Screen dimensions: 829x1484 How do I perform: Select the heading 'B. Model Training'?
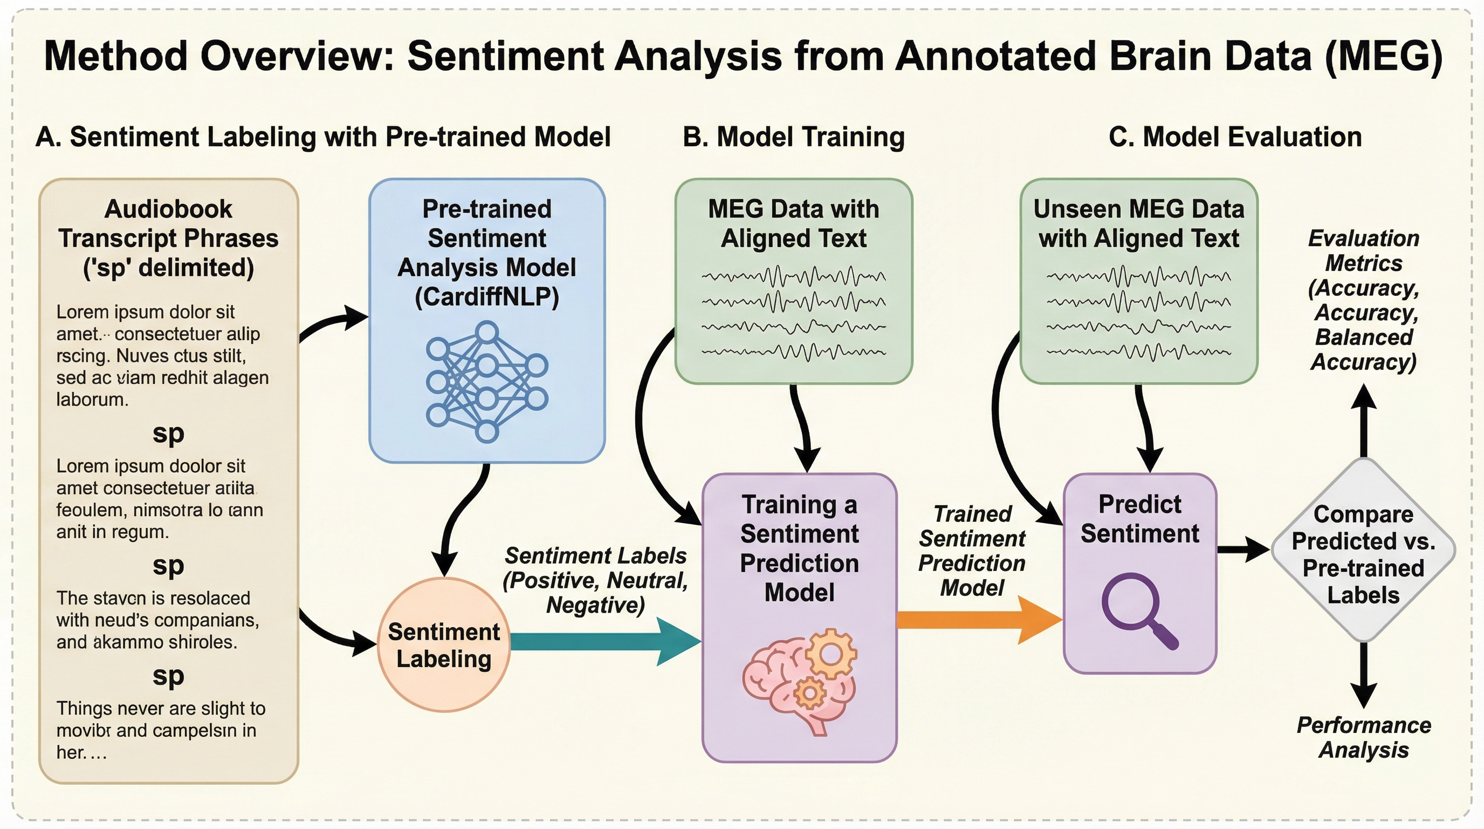click(x=793, y=137)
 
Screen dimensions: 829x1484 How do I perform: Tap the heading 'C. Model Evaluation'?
click(x=1235, y=137)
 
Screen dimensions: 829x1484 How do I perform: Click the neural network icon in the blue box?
click(x=487, y=382)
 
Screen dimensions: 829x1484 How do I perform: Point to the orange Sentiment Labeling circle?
click(x=444, y=644)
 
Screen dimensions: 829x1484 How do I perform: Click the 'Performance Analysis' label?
click(x=1364, y=737)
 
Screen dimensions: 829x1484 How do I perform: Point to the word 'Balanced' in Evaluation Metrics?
click(x=1364, y=337)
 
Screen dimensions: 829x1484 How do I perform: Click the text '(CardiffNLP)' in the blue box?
click(x=487, y=297)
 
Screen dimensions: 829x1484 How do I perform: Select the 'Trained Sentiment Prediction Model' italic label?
click(x=972, y=551)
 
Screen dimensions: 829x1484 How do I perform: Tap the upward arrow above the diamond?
click(x=1364, y=421)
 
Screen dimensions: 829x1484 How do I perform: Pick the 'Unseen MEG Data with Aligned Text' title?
click(x=1138, y=223)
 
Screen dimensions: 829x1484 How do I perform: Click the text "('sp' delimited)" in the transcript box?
click(x=168, y=268)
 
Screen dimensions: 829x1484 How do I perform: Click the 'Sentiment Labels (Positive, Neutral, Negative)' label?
click(x=596, y=580)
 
